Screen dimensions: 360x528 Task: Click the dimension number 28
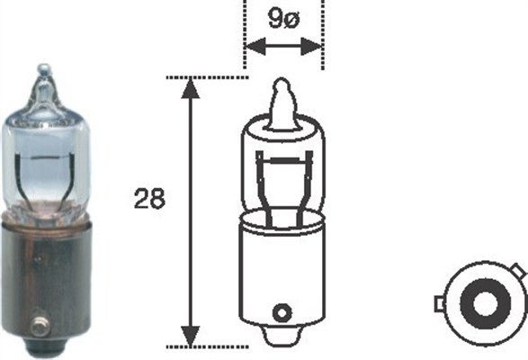click(150, 199)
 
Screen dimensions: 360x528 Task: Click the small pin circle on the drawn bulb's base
click(282, 313)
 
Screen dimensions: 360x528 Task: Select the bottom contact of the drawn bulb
click(282, 340)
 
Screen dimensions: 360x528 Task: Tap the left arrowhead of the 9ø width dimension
click(252, 45)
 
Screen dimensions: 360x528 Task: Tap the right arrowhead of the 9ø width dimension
click(314, 45)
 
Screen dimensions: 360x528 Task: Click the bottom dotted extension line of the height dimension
click(216, 346)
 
